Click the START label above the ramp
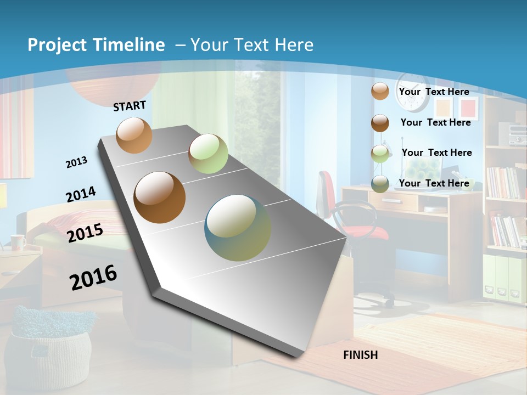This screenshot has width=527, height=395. (x=130, y=105)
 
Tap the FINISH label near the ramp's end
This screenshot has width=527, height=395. (x=360, y=355)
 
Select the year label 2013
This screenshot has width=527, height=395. (x=77, y=162)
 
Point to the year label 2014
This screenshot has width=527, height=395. (x=81, y=194)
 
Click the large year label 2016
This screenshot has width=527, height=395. (x=93, y=277)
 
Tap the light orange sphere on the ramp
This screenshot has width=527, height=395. (x=134, y=135)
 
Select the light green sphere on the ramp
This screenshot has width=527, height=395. (x=208, y=154)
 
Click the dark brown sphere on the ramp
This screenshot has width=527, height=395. (x=160, y=198)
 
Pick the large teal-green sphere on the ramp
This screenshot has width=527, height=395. (x=238, y=228)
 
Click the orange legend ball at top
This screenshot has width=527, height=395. (x=380, y=91)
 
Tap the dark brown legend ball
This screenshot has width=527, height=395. (x=380, y=122)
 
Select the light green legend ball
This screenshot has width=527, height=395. (x=380, y=153)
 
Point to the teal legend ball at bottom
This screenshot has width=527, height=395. (x=380, y=184)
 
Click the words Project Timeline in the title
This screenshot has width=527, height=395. (x=96, y=45)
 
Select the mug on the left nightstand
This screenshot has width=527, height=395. (x=18, y=241)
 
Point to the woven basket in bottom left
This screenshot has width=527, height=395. (x=51, y=351)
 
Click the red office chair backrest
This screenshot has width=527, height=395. (x=327, y=187)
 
